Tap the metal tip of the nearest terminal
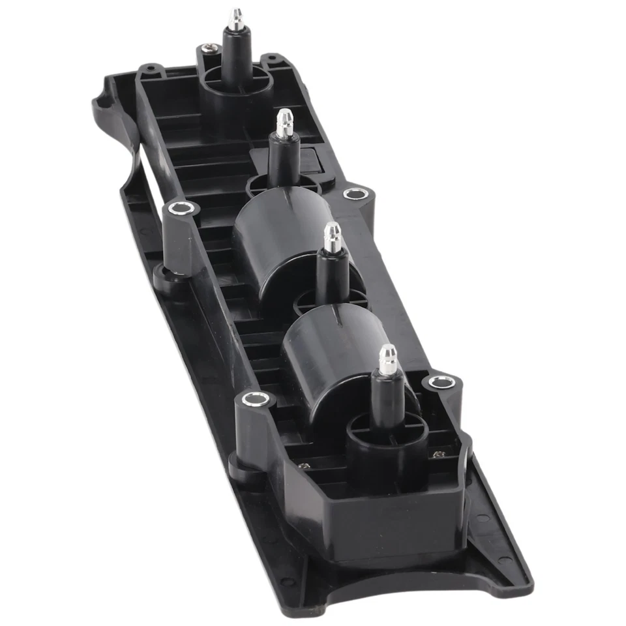pos(387,359)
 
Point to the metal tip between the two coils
pos(333,237)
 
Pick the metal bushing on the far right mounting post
pos(354,194)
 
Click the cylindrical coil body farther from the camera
pos(274,245)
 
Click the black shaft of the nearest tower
pos(387,398)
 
